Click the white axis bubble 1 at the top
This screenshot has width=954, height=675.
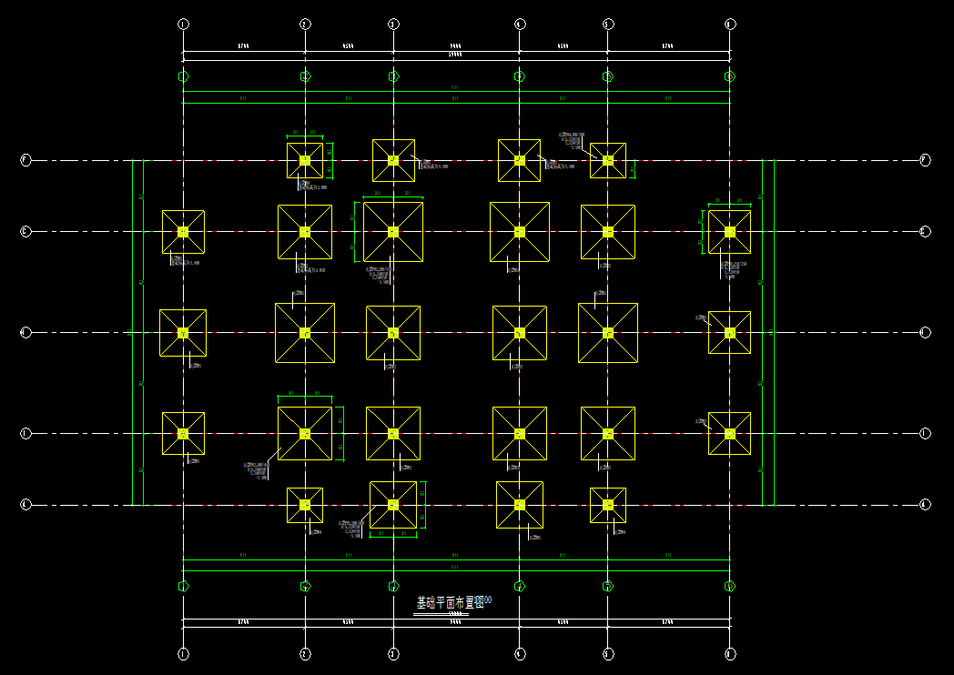point(183,24)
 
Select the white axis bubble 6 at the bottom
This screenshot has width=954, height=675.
point(729,653)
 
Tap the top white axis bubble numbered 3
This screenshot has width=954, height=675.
point(393,24)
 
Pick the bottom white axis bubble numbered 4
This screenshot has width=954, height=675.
point(519,653)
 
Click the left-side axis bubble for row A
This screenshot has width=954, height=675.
point(25,504)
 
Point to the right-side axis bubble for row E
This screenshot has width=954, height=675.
point(925,160)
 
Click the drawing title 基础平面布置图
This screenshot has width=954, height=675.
point(451,603)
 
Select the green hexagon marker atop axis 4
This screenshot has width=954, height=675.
point(519,76)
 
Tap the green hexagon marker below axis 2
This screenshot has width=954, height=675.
point(305,587)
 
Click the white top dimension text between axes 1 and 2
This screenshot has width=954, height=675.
point(244,45)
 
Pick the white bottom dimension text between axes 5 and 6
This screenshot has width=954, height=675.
point(668,622)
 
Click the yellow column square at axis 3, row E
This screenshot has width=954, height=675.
point(393,160)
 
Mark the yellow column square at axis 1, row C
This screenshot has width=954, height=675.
point(183,333)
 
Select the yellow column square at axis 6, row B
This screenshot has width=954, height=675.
point(729,434)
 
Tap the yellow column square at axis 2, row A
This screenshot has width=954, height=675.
point(305,505)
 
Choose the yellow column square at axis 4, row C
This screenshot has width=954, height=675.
point(519,333)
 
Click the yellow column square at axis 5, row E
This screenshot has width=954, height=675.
point(608,160)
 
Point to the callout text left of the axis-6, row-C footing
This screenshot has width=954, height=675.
point(701,317)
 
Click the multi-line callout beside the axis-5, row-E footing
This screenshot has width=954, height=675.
point(571,140)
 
